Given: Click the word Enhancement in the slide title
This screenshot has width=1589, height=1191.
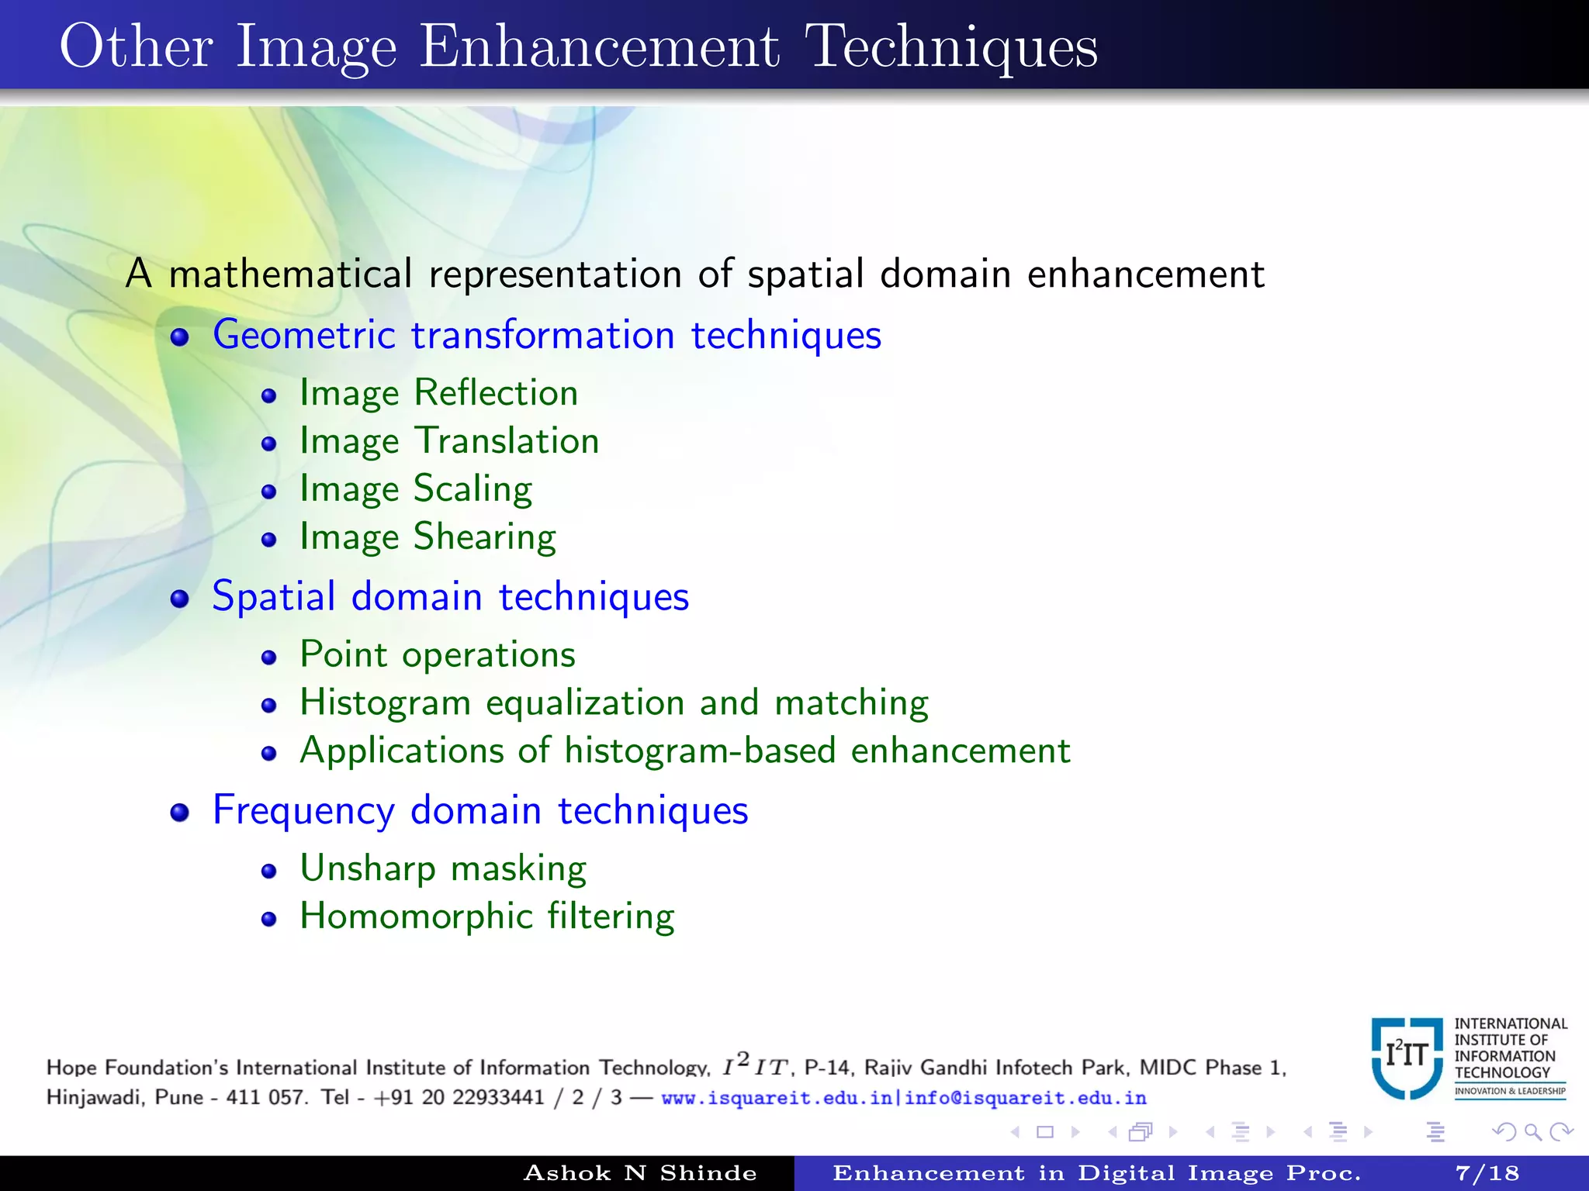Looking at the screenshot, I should tap(599, 48).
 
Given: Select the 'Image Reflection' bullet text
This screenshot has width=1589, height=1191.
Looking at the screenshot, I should tap(439, 393).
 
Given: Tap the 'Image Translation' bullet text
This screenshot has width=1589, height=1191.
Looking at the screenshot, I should tap(450, 441).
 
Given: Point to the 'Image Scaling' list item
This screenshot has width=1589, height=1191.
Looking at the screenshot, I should tap(416, 489).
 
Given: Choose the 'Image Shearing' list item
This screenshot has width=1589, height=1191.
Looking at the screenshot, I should tap(428, 537).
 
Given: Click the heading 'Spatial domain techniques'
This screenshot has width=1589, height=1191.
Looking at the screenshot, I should tap(451, 597).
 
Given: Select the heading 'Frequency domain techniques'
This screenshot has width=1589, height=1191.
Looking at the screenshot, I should tap(480, 811).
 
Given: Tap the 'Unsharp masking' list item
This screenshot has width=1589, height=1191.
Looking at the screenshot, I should tap(443, 869).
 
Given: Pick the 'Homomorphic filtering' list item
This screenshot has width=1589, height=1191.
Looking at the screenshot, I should tap(487, 917).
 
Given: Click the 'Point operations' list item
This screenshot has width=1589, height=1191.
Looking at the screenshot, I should tap(438, 655).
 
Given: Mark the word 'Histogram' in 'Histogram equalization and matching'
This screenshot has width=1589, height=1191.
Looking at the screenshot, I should tap(386, 703).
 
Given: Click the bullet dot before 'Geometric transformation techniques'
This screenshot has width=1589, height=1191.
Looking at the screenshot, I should tap(180, 337).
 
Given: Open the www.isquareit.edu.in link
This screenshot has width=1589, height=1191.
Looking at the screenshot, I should tap(776, 1098).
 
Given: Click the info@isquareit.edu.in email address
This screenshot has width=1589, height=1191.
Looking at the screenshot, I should tap(1025, 1098).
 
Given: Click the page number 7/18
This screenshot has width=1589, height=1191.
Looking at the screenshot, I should tap(1487, 1173).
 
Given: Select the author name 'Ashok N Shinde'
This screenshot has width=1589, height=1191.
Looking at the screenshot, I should tap(640, 1173).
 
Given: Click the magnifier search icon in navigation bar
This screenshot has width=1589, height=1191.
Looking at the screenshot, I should tap(1532, 1132).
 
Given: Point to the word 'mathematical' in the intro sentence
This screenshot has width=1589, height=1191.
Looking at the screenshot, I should tap(290, 274).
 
